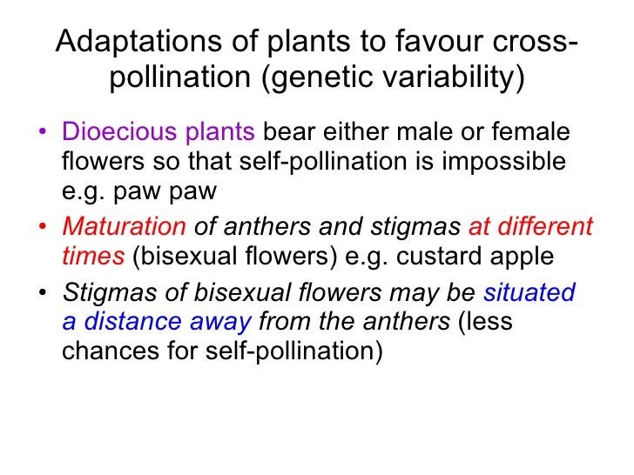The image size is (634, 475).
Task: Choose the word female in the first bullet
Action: (x=534, y=133)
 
